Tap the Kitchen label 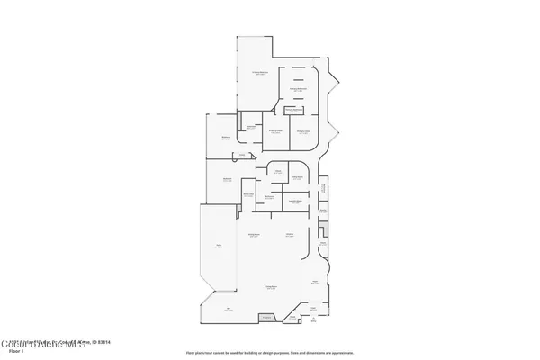pos(290,235)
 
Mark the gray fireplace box pos(266,317)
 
